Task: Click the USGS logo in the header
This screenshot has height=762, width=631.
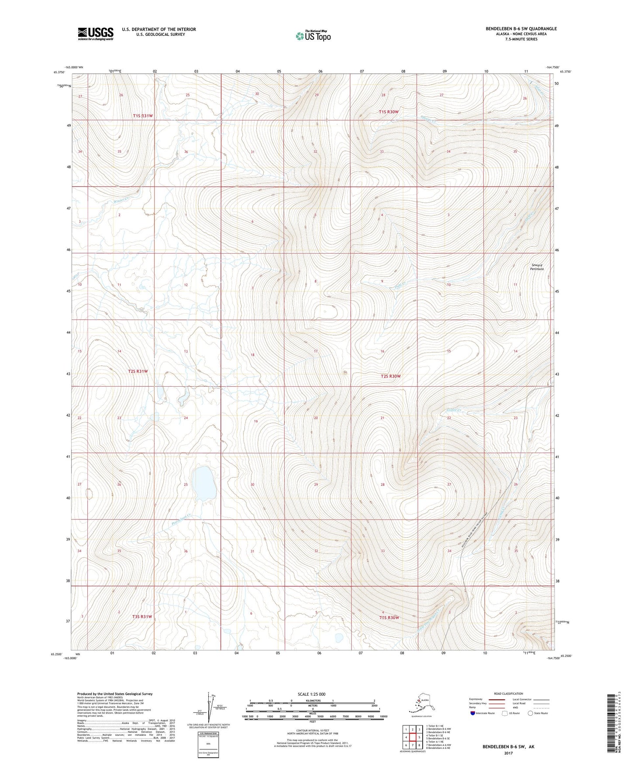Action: click(x=96, y=34)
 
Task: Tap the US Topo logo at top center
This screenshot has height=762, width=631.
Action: click(x=313, y=36)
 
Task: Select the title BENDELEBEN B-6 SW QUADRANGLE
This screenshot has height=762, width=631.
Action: click(x=521, y=29)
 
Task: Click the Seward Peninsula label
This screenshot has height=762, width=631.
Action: click(x=537, y=267)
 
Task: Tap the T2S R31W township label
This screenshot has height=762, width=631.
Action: click(x=138, y=371)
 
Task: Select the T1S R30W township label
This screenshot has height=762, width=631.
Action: click(x=389, y=112)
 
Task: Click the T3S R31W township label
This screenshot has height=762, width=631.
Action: click(x=142, y=617)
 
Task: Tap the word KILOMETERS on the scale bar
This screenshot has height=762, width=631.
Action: click(x=312, y=701)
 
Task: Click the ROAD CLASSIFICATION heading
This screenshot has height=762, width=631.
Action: click(x=508, y=693)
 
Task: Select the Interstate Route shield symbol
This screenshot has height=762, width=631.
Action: click(x=472, y=713)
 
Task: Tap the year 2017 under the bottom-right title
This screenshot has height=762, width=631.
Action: click(x=508, y=753)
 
